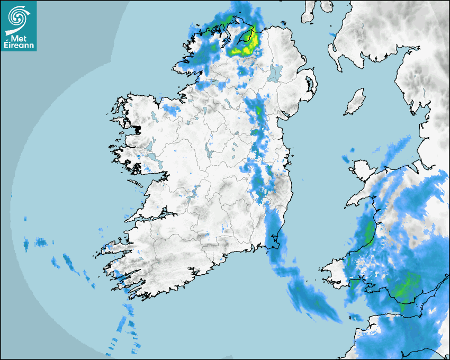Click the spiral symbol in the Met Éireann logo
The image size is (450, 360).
pos(18,16)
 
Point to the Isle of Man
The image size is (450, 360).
pos(355,102)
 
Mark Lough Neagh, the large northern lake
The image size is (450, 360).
pos(275,72)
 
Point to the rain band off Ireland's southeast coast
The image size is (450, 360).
pos(307,296)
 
